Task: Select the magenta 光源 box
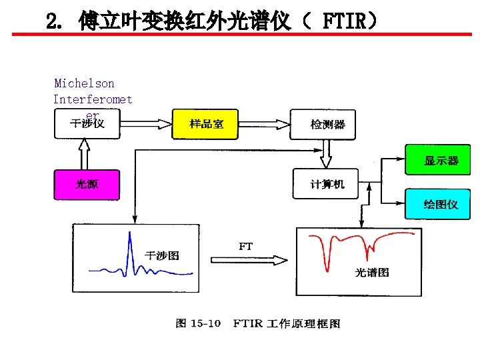pos(87,184)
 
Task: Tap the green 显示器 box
pos(441,161)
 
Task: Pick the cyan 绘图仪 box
pos(441,204)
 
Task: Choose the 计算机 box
pos(326,184)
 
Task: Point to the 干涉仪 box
pos(87,124)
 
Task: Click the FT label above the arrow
pos(246,246)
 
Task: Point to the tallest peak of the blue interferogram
pos(129,235)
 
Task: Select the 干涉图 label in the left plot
pos(162,255)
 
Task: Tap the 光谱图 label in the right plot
pos(371,272)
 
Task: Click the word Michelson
pos(84,83)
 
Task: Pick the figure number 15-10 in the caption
pos(206,323)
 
